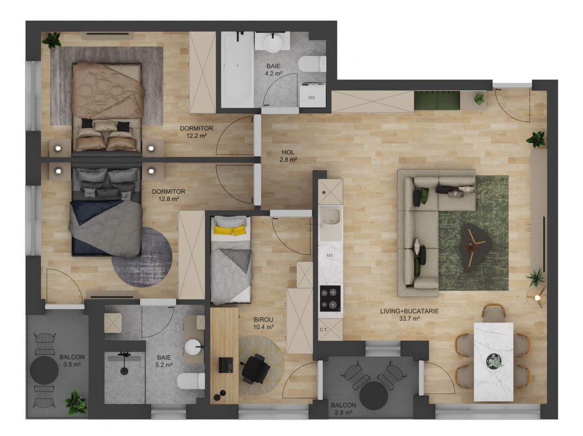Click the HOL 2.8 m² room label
pyautogui.click(x=288, y=156)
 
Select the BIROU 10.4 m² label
pyautogui.click(x=263, y=323)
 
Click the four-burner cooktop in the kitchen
pyautogui.click(x=330, y=298)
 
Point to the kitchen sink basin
pyautogui.click(x=330, y=218)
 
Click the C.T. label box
pyautogui.click(x=324, y=330)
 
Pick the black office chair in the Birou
pyautogui.click(x=255, y=368)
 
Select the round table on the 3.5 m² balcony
pyautogui.click(x=44, y=370)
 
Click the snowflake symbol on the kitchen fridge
pyautogui.click(x=324, y=192)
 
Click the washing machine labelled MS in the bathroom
pyautogui.click(x=312, y=96)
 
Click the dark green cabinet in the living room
pyautogui.click(x=437, y=100)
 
